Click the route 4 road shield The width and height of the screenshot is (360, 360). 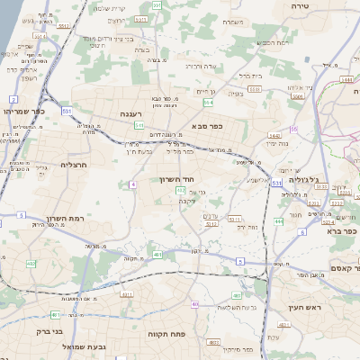tap(132, 184)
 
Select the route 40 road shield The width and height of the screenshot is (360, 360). tap(194, 304)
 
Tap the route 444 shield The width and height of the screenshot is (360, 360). tap(279, 221)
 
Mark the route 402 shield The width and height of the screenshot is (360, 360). tap(181, 191)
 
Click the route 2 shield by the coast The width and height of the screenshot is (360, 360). tap(20, 216)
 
